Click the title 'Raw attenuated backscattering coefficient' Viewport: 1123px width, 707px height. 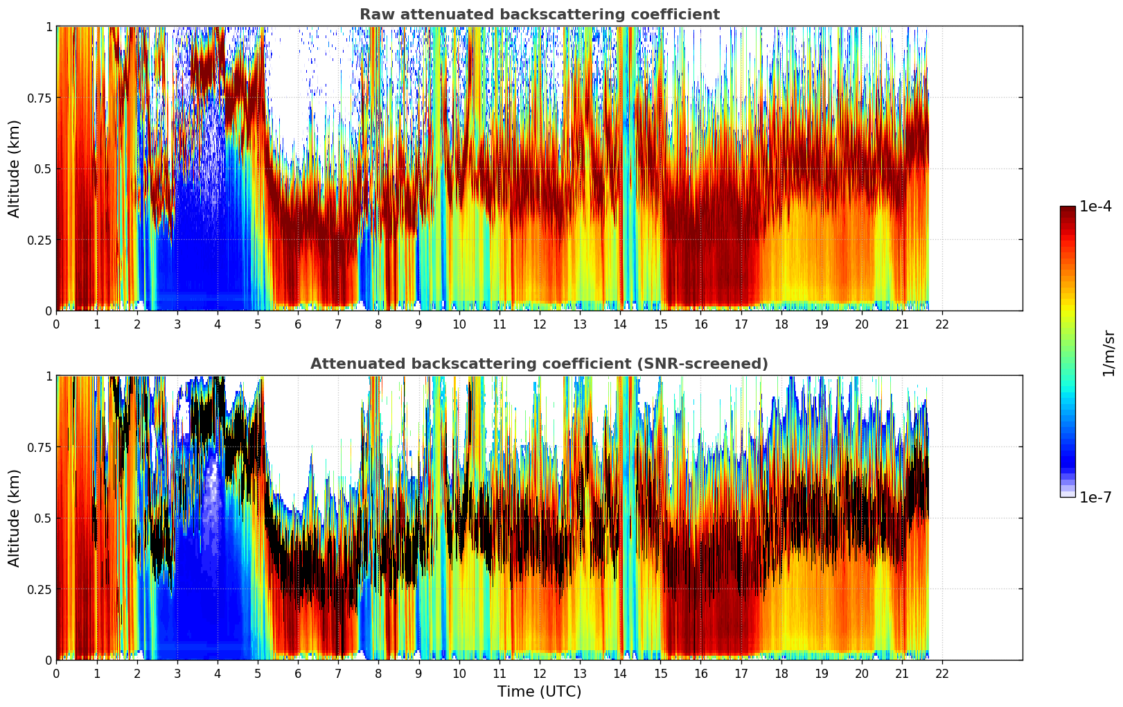click(539, 15)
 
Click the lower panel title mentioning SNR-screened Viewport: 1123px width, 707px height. click(539, 364)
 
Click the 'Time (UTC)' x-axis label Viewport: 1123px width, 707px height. click(539, 692)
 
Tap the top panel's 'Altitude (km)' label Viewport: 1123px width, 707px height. click(15, 168)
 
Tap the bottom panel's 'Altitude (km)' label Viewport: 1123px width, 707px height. click(15, 518)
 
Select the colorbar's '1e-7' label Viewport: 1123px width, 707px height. click(1095, 497)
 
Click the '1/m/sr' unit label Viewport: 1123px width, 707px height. click(1108, 353)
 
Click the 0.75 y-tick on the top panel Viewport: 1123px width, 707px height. click(39, 98)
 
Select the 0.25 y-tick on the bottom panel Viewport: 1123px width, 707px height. click(39, 589)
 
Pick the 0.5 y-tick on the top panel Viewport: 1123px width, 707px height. click(43, 168)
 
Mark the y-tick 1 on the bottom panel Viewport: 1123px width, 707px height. click(48, 376)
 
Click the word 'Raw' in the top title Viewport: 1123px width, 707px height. click(374, 15)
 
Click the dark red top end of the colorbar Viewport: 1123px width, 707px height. click(1067, 210)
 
